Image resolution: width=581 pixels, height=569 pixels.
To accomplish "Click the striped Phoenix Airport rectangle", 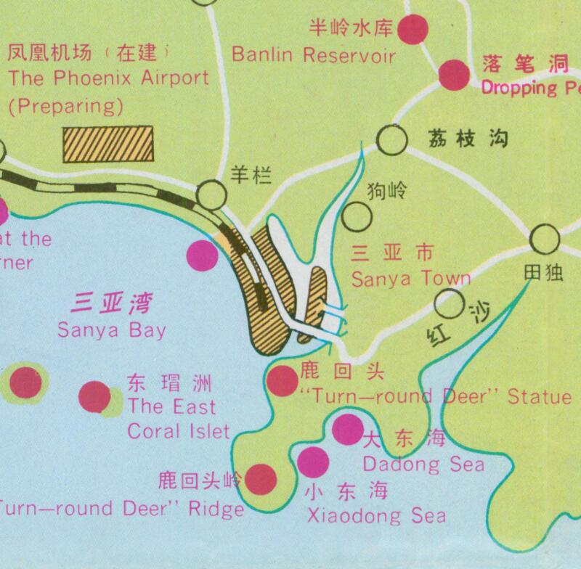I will [x=108, y=143].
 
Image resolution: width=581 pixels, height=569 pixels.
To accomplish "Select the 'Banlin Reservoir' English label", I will [x=314, y=54].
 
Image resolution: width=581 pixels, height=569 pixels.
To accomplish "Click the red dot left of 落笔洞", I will [x=455, y=74].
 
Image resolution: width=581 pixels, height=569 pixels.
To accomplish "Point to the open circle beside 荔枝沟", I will [x=392, y=140].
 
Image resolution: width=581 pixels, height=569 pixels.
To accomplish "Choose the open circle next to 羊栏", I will [x=212, y=194].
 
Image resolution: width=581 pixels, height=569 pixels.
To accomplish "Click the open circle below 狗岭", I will [x=357, y=216].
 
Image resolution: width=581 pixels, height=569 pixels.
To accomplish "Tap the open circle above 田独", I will [x=544, y=238].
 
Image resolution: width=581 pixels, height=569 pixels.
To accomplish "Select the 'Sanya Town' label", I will [x=410, y=278].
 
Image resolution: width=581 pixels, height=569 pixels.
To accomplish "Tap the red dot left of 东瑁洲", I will [x=94, y=396].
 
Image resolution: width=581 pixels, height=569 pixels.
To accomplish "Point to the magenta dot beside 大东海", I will [x=346, y=430].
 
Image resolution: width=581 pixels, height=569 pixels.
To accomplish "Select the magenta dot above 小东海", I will [x=313, y=462].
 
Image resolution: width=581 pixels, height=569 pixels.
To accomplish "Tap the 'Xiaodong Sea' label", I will [x=377, y=516].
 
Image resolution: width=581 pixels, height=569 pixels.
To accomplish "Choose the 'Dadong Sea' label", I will [x=423, y=462].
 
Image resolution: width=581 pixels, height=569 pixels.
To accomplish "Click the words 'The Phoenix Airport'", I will [x=108, y=78].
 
